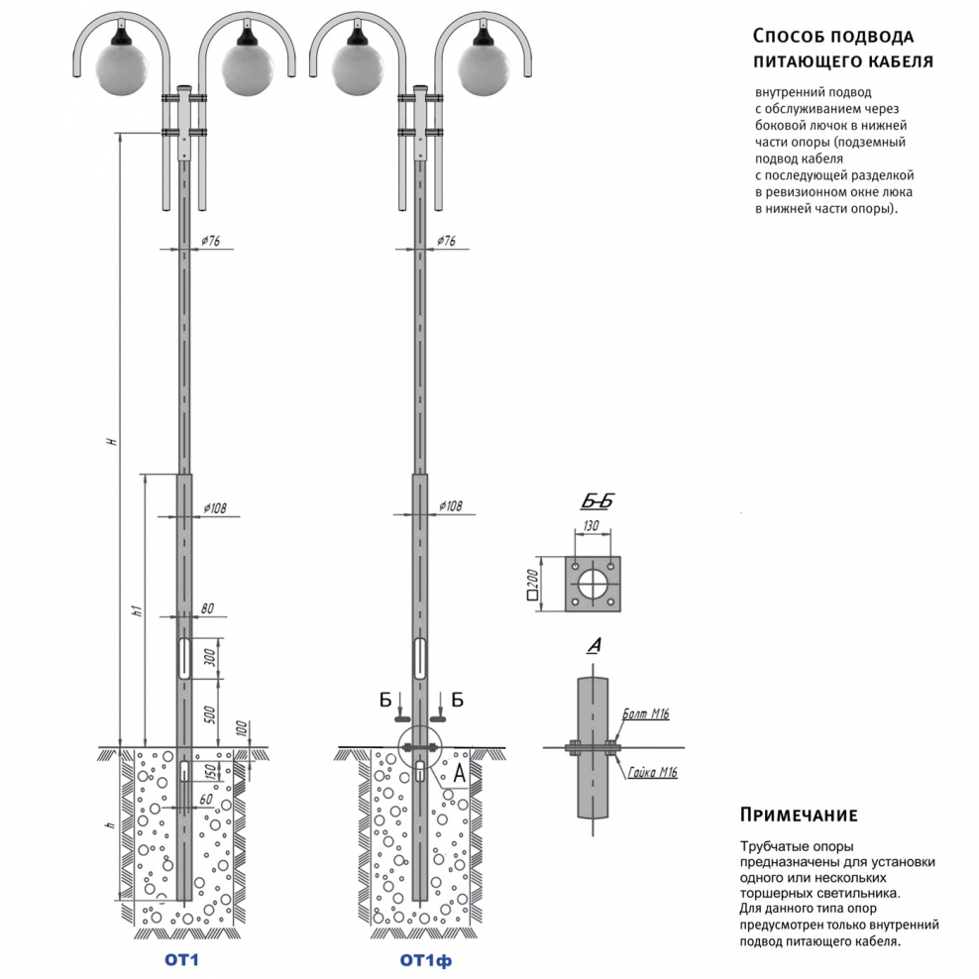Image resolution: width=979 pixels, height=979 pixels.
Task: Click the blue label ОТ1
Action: pyautogui.click(x=182, y=959)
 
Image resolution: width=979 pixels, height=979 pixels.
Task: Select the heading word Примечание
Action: pyautogui.click(x=798, y=816)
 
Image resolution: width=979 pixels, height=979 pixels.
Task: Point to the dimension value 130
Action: pyautogui.click(x=592, y=525)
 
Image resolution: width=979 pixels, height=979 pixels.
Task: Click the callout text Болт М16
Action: pyautogui.click(x=646, y=713)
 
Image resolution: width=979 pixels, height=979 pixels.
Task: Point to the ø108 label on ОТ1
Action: pyautogui.click(x=215, y=508)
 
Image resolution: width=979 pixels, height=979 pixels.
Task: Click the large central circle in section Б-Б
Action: pyautogui.click(x=593, y=586)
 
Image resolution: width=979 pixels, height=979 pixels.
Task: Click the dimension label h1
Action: pyautogui.click(x=137, y=611)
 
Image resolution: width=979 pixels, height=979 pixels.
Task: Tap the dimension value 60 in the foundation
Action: pyautogui.click(x=205, y=799)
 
